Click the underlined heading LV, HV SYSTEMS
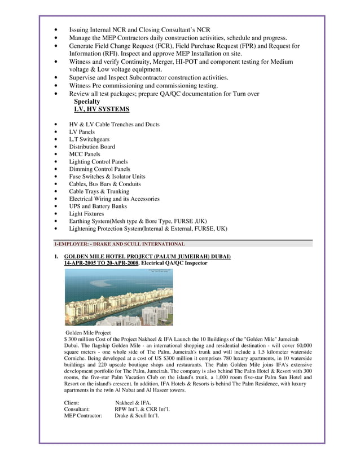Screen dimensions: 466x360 click(102, 109)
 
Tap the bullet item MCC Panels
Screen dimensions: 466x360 click(85, 154)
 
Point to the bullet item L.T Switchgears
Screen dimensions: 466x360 click(89, 139)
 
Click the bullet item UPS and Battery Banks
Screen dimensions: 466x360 click(98, 206)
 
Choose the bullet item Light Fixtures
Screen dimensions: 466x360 click(86, 214)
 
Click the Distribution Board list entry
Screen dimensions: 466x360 click(92, 147)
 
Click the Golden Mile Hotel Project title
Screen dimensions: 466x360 click(147, 257)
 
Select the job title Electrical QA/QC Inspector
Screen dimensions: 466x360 click(174, 263)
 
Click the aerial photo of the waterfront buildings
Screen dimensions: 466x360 click(118, 297)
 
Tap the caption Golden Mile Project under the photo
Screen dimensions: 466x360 click(89, 333)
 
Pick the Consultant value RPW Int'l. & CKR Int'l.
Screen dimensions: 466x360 click(142, 408)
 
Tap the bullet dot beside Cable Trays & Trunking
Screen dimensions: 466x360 click(55, 192)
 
